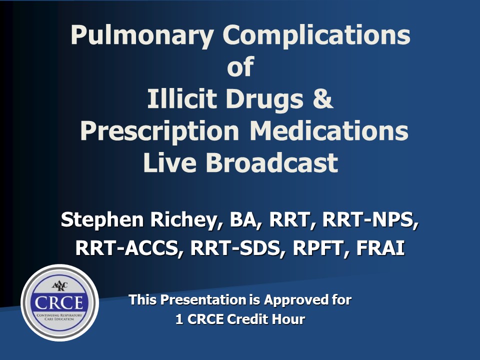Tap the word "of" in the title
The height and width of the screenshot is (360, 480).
point(240,66)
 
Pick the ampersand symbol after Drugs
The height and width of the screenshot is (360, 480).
point(322,98)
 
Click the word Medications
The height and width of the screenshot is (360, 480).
point(329,130)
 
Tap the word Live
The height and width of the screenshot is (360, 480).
point(169,162)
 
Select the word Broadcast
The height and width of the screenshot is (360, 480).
point(272,162)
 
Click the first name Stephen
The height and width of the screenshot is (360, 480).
point(102,220)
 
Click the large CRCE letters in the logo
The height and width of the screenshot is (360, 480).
point(59,303)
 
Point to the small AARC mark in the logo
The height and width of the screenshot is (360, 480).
point(59,285)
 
